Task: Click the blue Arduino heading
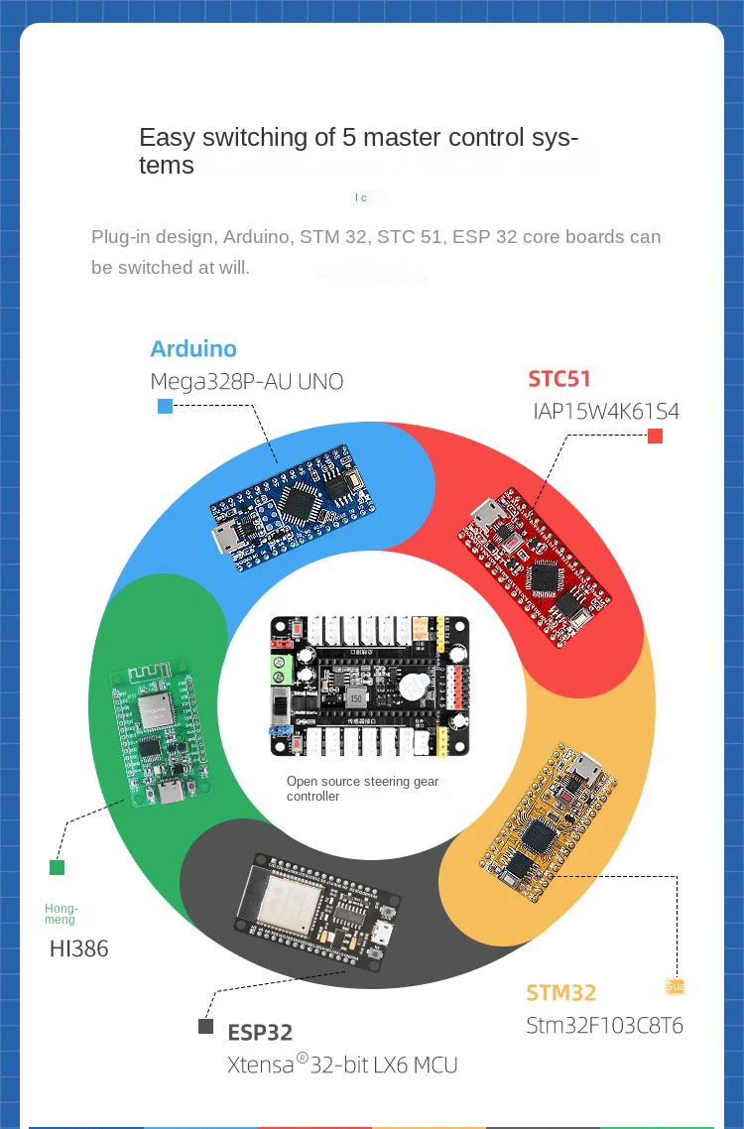point(193,349)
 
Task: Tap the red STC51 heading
point(559,379)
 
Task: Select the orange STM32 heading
point(560,993)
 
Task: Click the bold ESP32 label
point(260,1033)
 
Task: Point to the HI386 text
point(79,948)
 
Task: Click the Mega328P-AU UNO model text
point(246,382)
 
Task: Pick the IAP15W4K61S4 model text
point(606,411)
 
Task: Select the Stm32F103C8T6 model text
point(604,1025)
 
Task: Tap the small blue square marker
point(165,406)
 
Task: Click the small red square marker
point(655,436)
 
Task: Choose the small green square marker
point(58,867)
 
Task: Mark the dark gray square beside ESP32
point(206,1027)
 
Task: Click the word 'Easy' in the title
point(167,138)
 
